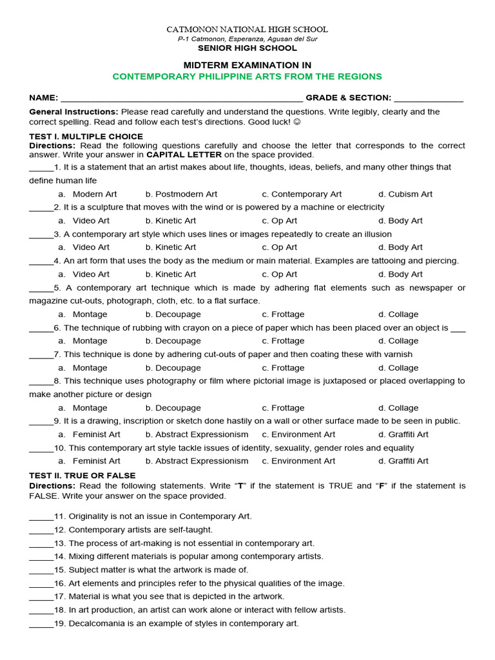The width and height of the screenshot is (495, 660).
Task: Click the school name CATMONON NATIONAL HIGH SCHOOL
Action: pos(247,30)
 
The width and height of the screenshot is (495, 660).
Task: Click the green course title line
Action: pos(247,77)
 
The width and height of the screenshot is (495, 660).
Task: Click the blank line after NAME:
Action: pos(181,99)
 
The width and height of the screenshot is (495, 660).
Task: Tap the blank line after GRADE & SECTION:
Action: pos(428,99)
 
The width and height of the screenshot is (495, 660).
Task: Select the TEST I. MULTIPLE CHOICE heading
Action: pos(86,137)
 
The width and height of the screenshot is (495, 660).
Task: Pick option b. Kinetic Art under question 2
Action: pos(171,220)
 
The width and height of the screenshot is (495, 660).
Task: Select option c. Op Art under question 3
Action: pos(280,247)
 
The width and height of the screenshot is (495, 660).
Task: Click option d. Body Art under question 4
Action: pos(400,274)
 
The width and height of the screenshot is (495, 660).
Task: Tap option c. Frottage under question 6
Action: pos(283,341)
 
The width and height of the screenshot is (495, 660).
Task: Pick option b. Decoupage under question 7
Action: pos(173,368)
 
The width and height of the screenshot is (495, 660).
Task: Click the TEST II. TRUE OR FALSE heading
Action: pos(82,476)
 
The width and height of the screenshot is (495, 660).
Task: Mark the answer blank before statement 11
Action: pos(41,517)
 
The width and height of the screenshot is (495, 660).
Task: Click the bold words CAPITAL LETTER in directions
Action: pos(184,155)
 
